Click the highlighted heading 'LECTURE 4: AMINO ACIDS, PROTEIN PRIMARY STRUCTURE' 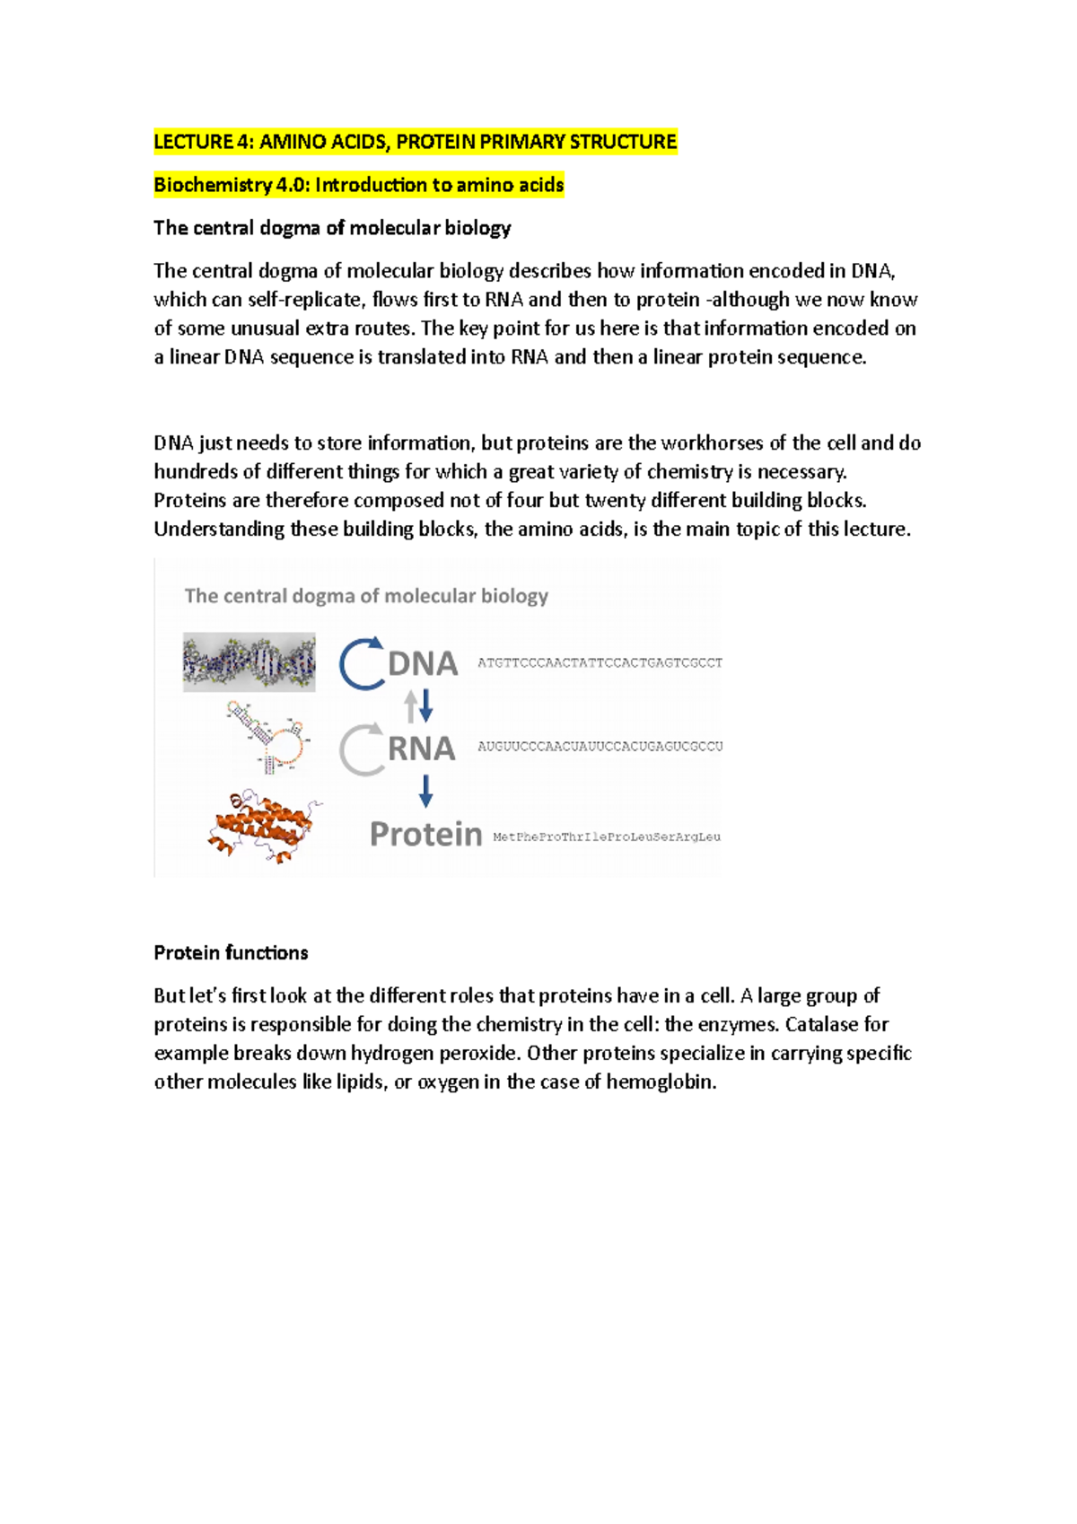pos(415,142)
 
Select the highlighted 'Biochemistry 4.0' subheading pos(358,185)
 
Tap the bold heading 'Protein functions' pos(231,952)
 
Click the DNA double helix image pos(249,662)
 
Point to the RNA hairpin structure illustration pos(267,739)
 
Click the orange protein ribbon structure pos(263,825)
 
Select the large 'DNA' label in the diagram pos(423,664)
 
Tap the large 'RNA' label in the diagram pos(421,749)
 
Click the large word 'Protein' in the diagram pos(425,835)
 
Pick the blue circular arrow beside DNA pos(362,664)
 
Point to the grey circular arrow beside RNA pos(361,749)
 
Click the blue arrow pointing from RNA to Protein pos(425,791)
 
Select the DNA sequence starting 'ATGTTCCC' pos(600,663)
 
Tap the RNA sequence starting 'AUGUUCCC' pos(600,747)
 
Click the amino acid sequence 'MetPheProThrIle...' pos(607,837)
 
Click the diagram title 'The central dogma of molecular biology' pos(366,596)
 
